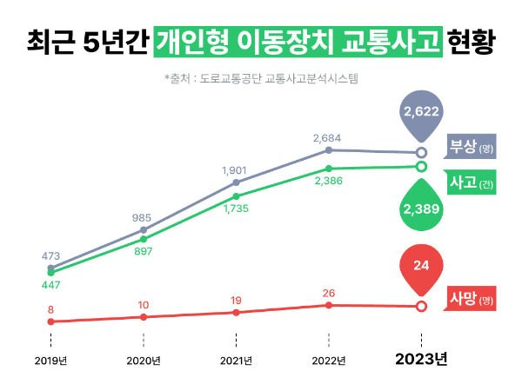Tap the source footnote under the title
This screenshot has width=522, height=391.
(x=261, y=79)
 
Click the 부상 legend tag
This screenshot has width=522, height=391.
(x=471, y=147)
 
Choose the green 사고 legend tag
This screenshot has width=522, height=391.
(x=471, y=183)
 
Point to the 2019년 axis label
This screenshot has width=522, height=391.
(x=51, y=360)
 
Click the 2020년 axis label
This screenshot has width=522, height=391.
(x=144, y=360)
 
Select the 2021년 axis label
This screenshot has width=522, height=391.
(x=236, y=360)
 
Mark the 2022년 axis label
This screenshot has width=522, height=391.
(x=329, y=360)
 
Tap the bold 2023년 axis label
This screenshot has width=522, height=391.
(x=422, y=359)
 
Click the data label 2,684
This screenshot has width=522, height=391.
(x=329, y=137)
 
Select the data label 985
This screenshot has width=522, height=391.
(x=144, y=217)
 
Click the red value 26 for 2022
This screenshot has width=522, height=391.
(x=329, y=293)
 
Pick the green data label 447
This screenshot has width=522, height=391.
(x=51, y=285)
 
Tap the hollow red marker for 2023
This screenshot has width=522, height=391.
(x=422, y=306)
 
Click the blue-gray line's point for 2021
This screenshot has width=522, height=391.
(x=236, y=182)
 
